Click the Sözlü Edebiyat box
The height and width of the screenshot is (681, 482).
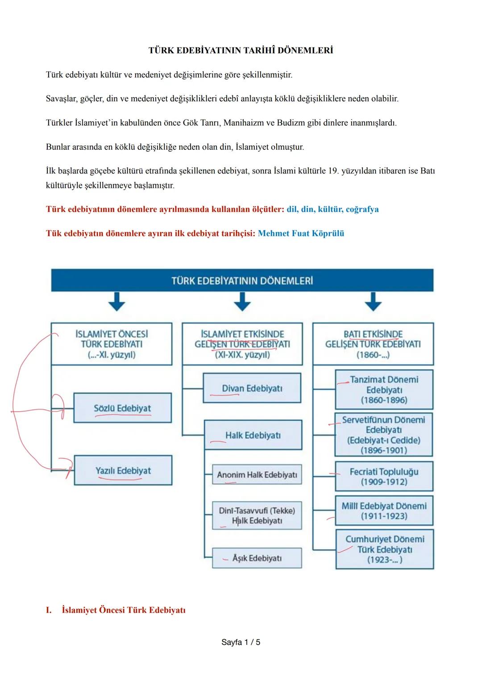(x=122, y=408)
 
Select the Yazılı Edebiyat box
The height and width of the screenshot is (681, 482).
(x=123, y=471)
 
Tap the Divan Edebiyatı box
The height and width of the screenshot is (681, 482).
(x=252, y=388)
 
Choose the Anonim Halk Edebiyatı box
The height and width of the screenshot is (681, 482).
(x=257, y=475)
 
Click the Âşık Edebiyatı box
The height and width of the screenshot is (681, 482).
(x=257, y=558)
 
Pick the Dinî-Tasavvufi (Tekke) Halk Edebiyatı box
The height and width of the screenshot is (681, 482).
(x=257, y=516)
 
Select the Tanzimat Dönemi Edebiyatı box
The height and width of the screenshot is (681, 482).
(x=384, y=389)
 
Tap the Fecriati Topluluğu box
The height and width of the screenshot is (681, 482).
(x=384, y=477)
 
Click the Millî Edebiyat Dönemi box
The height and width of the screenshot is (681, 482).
(x=384, y=511)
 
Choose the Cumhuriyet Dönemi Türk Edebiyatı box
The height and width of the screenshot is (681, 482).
(x=384, y=549)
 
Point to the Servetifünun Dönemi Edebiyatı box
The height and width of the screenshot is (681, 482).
(x=384, y=435)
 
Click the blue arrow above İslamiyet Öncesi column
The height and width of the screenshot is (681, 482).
(x=117, y=301)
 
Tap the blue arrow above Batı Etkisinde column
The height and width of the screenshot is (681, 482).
(x=373, y=301)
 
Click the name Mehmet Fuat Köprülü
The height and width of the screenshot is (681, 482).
(x=301, y=233)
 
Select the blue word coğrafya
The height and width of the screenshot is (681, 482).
(x=362, y=209)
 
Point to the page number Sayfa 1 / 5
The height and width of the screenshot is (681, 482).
(x=241, y=642)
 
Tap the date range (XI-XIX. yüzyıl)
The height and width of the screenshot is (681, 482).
(x=242, y=355)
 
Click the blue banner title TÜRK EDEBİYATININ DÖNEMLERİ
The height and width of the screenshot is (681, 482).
(x=242, y=281)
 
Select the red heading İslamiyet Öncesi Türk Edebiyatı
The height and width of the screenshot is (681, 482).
(x=123, y=610)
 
